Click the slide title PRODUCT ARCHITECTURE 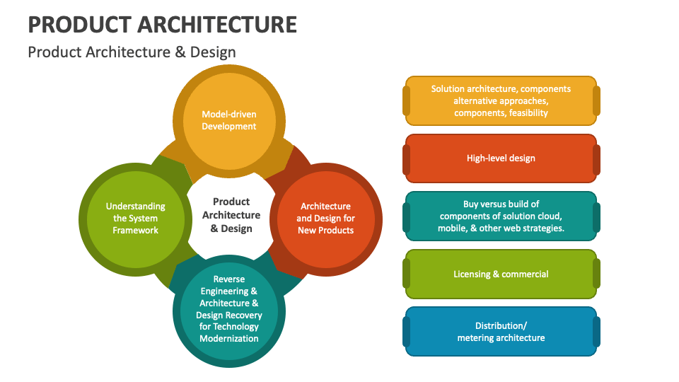[x=163, y=25]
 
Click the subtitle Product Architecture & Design [x=132, y=52]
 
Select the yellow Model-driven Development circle [x=229, y=121]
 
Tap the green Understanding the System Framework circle [x=135, y=219]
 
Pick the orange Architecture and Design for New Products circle [x=325, y=219]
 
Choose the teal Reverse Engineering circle [x=229, y=311]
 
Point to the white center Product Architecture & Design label [x=231, y=215]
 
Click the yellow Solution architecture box [x=501, y=101]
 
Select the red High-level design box [x=501, y=158]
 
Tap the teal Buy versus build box [x=501, y=216]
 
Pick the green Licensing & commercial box [x=501, y=274]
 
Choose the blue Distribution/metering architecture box [x=501, y=332]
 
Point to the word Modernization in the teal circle [x=229, y=339]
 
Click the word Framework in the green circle [x=135, y=231]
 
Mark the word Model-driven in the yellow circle [x=229, y=115]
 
